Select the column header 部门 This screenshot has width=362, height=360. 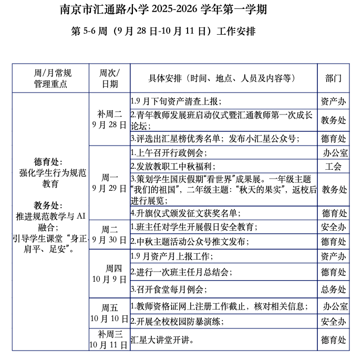334,78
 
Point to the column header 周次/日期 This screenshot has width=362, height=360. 110,78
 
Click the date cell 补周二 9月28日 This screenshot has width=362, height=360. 110,119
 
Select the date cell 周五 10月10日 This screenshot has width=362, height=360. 110,313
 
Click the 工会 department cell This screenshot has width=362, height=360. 334,167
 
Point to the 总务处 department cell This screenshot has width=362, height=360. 334,289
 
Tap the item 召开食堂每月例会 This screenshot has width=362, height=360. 169,289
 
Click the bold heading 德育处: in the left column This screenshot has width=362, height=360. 48,161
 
